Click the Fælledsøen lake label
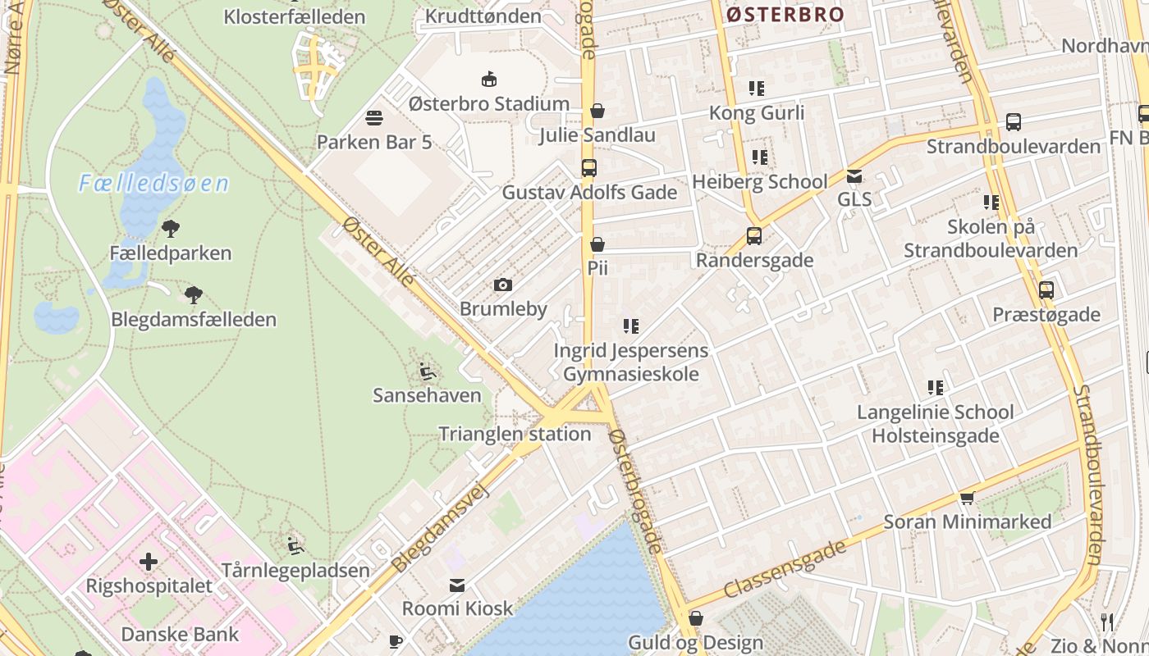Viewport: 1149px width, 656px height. tap(153, 183)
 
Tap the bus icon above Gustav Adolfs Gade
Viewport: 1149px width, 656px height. tap(589, 168)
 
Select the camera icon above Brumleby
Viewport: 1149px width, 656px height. tap(503, 285)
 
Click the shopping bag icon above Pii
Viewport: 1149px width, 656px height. tap(597, 244)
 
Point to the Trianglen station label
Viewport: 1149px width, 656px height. tap(515, 434)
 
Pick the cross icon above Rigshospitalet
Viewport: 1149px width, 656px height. tap(149, 562)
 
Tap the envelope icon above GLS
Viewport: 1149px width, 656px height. tap(854, 175)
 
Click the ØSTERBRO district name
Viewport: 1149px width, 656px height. tap(785, 14)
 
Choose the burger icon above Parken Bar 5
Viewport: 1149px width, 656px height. tap(374, 118)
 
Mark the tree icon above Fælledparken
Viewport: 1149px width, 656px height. tap(171, 229)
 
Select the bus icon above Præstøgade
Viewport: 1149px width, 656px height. tap(1046, 290)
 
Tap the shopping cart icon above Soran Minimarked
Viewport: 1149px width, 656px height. tap(968, 498)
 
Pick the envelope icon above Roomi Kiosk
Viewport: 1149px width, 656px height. tap(457, 585)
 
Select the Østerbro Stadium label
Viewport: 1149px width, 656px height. tap(488, 104)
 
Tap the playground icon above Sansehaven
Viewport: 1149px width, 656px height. tap(427, 371)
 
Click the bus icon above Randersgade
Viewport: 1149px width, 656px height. tap(754, 236)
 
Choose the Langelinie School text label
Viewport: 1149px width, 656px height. tap(935, 412)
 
